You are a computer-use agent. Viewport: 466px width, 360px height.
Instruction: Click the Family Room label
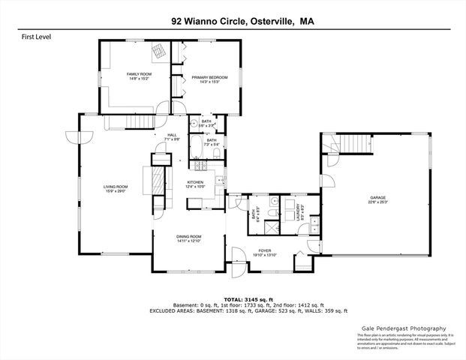point(138,73)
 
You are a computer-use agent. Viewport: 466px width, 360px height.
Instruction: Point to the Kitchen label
point(196,182)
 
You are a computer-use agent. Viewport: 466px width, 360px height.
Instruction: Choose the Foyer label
point(265,250)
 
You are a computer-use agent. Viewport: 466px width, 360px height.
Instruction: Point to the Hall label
point(171,135)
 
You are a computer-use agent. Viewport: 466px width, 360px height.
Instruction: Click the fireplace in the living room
point(157,182)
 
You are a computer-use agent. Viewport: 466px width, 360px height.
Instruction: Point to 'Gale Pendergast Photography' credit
point(402,328)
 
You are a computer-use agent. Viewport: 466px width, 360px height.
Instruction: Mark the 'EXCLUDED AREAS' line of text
point(232,310)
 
